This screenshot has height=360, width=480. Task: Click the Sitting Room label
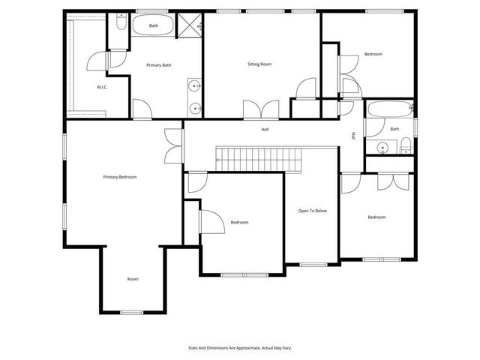pos(259,64)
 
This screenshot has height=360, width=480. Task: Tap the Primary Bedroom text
pos(120,177)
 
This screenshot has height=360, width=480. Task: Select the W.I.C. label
pos(103,88)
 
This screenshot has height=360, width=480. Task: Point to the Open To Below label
pos(312,211)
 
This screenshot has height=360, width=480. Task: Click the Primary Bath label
pos(158,65)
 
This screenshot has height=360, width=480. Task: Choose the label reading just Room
pos(133,279)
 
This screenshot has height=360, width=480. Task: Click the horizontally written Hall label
pos(265,130)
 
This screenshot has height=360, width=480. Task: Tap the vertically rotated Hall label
pos(353,136)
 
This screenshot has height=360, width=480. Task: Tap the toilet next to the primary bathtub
pos(121,25)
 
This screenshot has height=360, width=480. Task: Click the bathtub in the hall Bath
pos(388,110)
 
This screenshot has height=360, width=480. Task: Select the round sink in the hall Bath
pos(382,147)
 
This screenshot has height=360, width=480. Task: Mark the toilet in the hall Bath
pos(406,147)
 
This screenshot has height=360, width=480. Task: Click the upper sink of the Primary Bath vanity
pos(195,85)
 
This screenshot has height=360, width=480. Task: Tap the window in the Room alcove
pos(132,312)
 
